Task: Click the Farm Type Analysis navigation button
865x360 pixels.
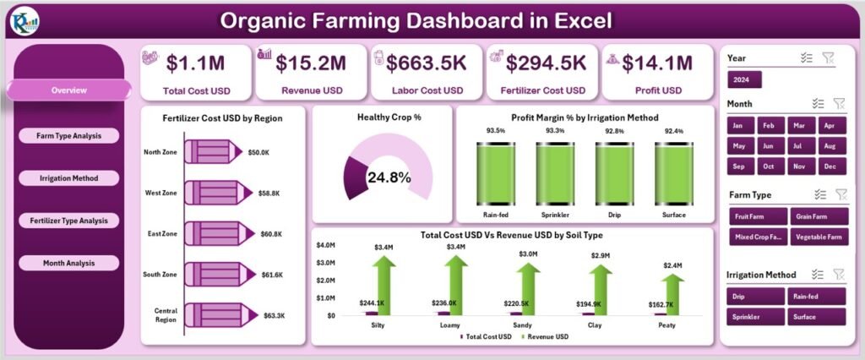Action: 68,135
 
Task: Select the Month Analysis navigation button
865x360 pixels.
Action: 68,263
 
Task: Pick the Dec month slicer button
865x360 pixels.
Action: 830,166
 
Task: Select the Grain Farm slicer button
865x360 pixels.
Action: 817,216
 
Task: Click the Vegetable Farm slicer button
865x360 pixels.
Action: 817,237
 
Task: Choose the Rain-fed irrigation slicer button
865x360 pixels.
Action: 817,296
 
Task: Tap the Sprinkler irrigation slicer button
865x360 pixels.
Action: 757,317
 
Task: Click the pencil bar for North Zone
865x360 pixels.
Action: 216,151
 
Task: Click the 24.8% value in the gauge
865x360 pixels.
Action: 389,177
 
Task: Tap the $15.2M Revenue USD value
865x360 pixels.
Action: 313,62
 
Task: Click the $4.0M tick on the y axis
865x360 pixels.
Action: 325,246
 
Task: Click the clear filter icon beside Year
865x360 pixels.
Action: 828,57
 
